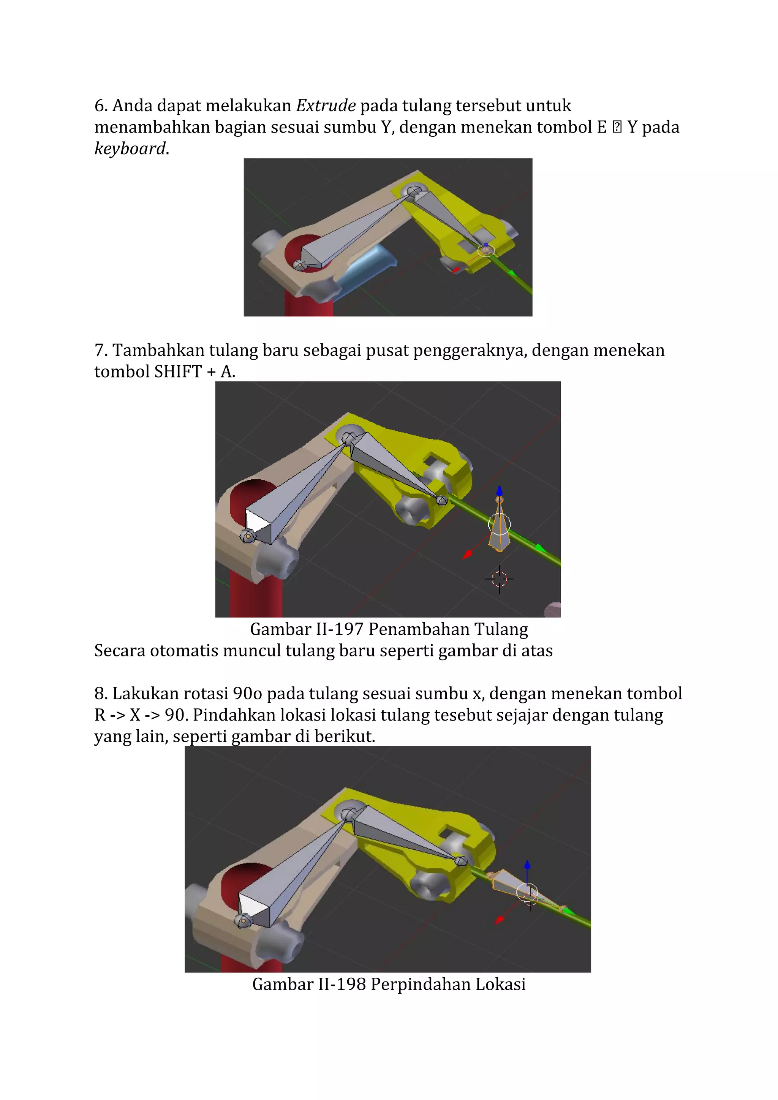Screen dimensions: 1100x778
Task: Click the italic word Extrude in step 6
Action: point(326,105)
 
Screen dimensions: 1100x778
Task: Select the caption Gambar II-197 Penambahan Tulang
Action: point(389,629)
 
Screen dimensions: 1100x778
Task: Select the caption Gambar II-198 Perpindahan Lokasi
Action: point(389,984)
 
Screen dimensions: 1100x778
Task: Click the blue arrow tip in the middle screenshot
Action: point(500,490)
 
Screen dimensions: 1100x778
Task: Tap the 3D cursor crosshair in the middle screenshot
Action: point(499,579)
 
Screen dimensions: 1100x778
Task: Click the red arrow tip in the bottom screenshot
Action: point(500,920)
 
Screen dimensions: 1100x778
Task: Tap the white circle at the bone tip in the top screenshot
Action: point(486,250)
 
